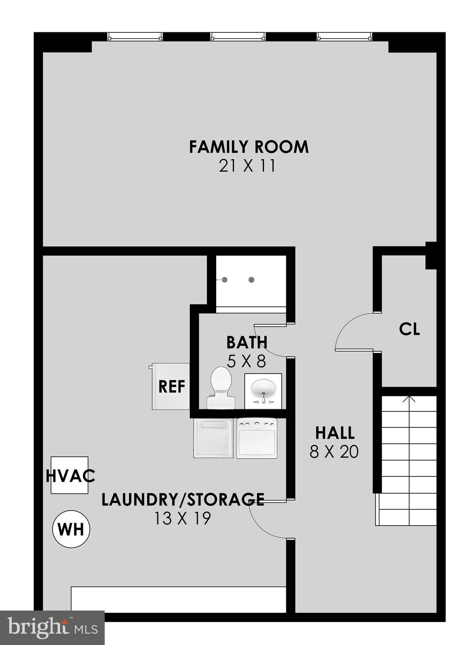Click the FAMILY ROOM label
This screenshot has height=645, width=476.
[249, 147]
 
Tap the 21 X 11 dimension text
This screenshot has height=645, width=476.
[247, 166]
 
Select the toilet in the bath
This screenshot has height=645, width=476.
[221, 387]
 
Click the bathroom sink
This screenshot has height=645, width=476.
[263, 391]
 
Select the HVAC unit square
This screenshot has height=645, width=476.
[69, 475]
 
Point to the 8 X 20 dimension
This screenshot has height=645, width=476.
[334, 452]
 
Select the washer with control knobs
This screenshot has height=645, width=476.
[257, 438]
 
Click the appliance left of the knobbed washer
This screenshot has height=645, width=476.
[213, 438]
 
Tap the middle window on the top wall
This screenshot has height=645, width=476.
[238, 37]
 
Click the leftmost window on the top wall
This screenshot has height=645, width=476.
[135, 37]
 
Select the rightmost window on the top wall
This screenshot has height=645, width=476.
[344, 37]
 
